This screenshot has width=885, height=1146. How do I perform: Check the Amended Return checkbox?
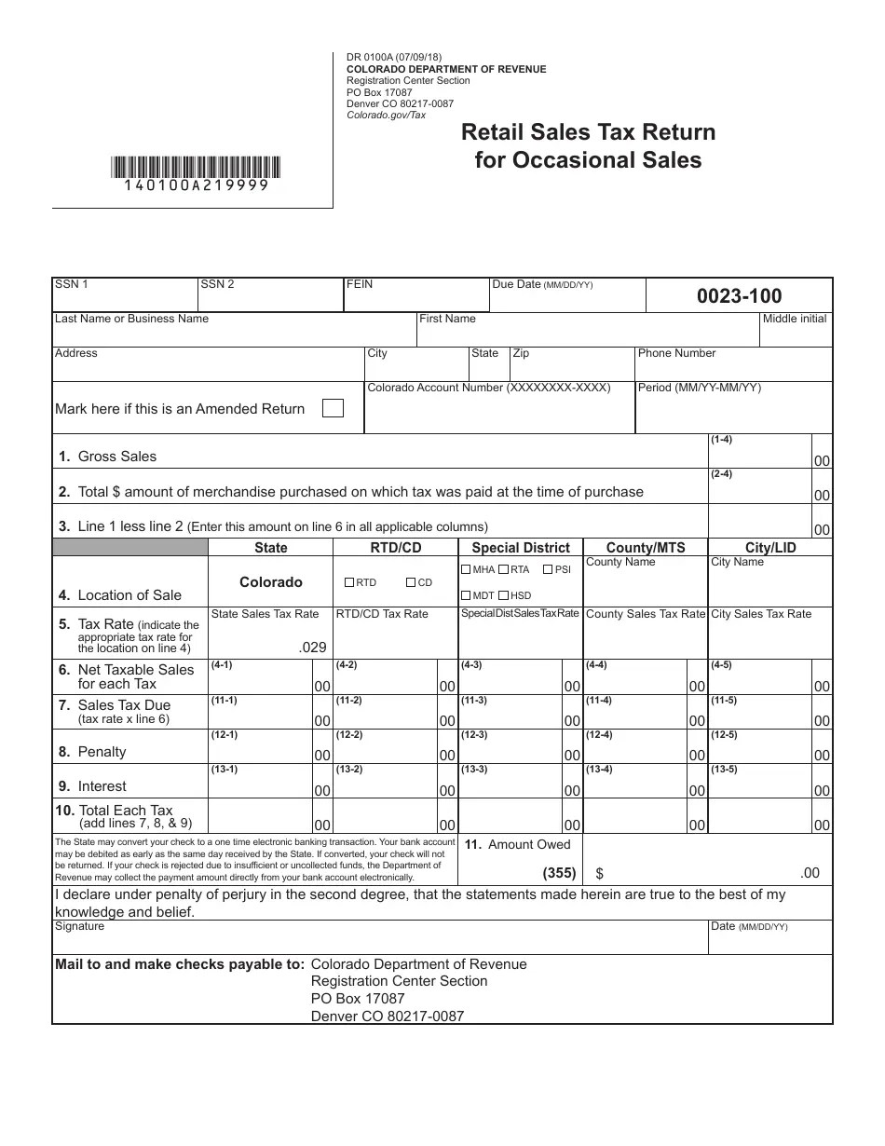click(x=332, y=408)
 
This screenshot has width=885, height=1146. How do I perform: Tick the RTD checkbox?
click(x=349, y=582)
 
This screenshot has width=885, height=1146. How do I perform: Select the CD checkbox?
click(x=411, y=582)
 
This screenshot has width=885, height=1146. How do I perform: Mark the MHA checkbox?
click(x=466, y=569)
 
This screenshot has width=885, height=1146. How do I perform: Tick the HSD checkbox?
click(x=503, y=595)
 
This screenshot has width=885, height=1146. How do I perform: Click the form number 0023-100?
click(x=739, y=296)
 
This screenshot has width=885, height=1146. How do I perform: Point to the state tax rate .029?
click(x=313, y=646)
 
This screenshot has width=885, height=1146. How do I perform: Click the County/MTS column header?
click(x=645, y=548)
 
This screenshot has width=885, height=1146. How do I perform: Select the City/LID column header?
click(x=770, y=548)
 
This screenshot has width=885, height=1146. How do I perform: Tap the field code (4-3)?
click(x=472, y=664)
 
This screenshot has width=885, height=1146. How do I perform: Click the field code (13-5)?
click(x=723, y=769)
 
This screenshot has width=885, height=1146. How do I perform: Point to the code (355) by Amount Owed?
click(x=559, y=873)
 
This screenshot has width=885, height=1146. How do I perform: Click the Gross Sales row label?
click(x=116, y=457)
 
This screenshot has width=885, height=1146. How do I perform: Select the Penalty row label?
click(x=102, y=752)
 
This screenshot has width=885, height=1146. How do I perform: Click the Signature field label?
click(x=79, y=926)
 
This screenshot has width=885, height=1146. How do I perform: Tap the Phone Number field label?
click(x=676, y=353)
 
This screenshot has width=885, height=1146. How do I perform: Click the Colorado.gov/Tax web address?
click(x=386, y=115)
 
